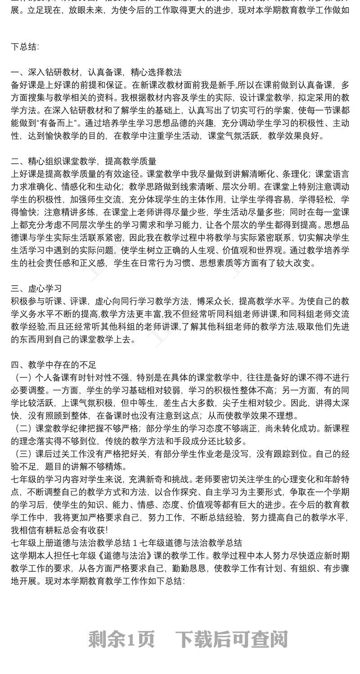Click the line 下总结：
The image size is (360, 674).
25,46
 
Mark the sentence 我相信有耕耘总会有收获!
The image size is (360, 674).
60,530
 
